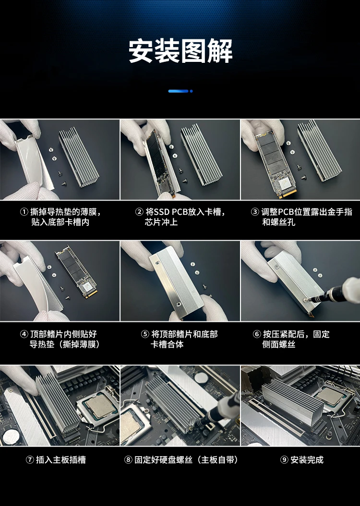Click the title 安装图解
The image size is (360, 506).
(180, 51)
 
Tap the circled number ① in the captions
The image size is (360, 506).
(24, 212)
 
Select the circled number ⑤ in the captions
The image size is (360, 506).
(145, 334)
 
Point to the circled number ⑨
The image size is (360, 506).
(284, 460)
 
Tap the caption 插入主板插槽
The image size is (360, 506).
(60, 460)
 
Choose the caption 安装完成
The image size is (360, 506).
(307, 460)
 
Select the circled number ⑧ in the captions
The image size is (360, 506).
(128, 460)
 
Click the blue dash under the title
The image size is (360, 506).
(178, 91)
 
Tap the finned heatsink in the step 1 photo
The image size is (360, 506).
(79, 158)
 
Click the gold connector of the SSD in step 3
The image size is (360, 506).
(288, 193)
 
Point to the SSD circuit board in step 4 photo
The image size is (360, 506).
(76, 274)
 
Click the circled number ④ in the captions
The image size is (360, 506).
(24, 334)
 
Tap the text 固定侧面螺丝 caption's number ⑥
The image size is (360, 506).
(257, 334)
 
